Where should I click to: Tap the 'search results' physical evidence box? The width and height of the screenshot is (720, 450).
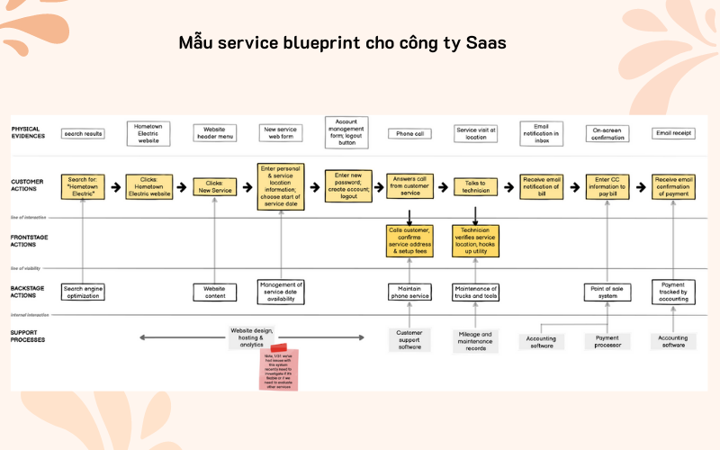(83, 133)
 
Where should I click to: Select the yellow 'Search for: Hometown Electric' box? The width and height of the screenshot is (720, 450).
(83, 186)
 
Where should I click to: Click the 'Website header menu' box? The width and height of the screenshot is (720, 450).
(214, 134)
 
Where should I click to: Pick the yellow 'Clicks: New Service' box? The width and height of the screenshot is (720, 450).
(214, 186)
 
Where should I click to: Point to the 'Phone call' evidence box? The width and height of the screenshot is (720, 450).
(409, 133)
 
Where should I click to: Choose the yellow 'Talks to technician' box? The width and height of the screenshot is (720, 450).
(475, 186)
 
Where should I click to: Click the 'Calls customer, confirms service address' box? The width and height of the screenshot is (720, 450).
(409, 241)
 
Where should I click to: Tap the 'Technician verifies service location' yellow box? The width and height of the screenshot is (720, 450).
(475, 241)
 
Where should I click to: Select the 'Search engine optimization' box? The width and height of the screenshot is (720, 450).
(83, 292)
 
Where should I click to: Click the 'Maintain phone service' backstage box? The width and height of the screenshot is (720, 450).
(409, 292)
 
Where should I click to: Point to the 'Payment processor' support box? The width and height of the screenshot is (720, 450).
(607, 341)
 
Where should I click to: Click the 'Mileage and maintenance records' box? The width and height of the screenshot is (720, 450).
(475, 340)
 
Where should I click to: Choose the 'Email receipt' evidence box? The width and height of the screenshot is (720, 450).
(673, 133)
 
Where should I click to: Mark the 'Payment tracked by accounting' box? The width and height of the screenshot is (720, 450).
(673, 292)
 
